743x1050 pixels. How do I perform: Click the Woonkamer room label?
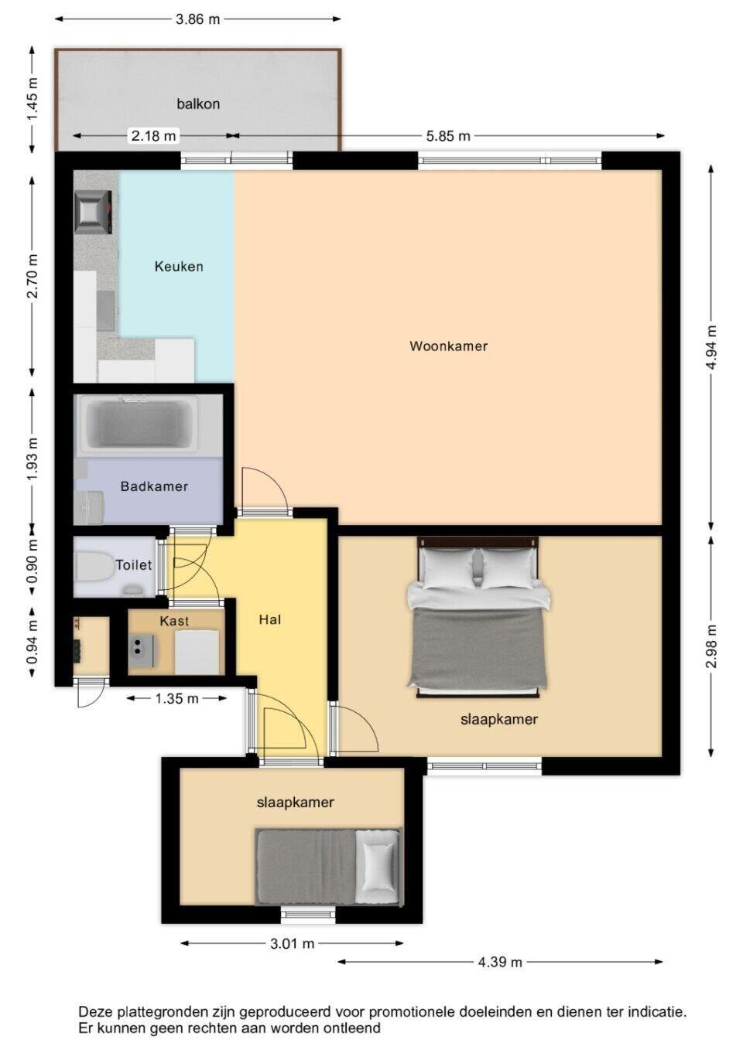[x=448, y=346]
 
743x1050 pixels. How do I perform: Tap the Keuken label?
[x=179, y=267]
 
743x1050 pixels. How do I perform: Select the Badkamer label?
[x=154, y=486]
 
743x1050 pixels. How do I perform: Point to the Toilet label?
[x=134, y=565]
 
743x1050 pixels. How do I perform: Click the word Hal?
[x=269, y=619]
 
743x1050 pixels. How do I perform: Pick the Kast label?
[x=174, y=621]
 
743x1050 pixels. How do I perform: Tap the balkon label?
[x=198, y=104]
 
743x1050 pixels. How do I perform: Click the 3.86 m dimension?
[x=197, y=19]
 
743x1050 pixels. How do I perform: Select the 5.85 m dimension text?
[x=448, y=136]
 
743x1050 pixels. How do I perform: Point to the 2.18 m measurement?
[x=153, y=136]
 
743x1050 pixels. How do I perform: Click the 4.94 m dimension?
[x=711, y=347]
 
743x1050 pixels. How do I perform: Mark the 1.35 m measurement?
[x=176, y=698]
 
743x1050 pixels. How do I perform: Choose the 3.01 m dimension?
[x=292, y=943]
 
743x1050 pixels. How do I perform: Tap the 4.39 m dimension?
[x=499, y=963]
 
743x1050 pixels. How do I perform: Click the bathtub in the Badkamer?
[x=137, y=424]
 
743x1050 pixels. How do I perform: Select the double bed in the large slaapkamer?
[x=478, y=617]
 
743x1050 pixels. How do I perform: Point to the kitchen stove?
[x=93, y=212]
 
